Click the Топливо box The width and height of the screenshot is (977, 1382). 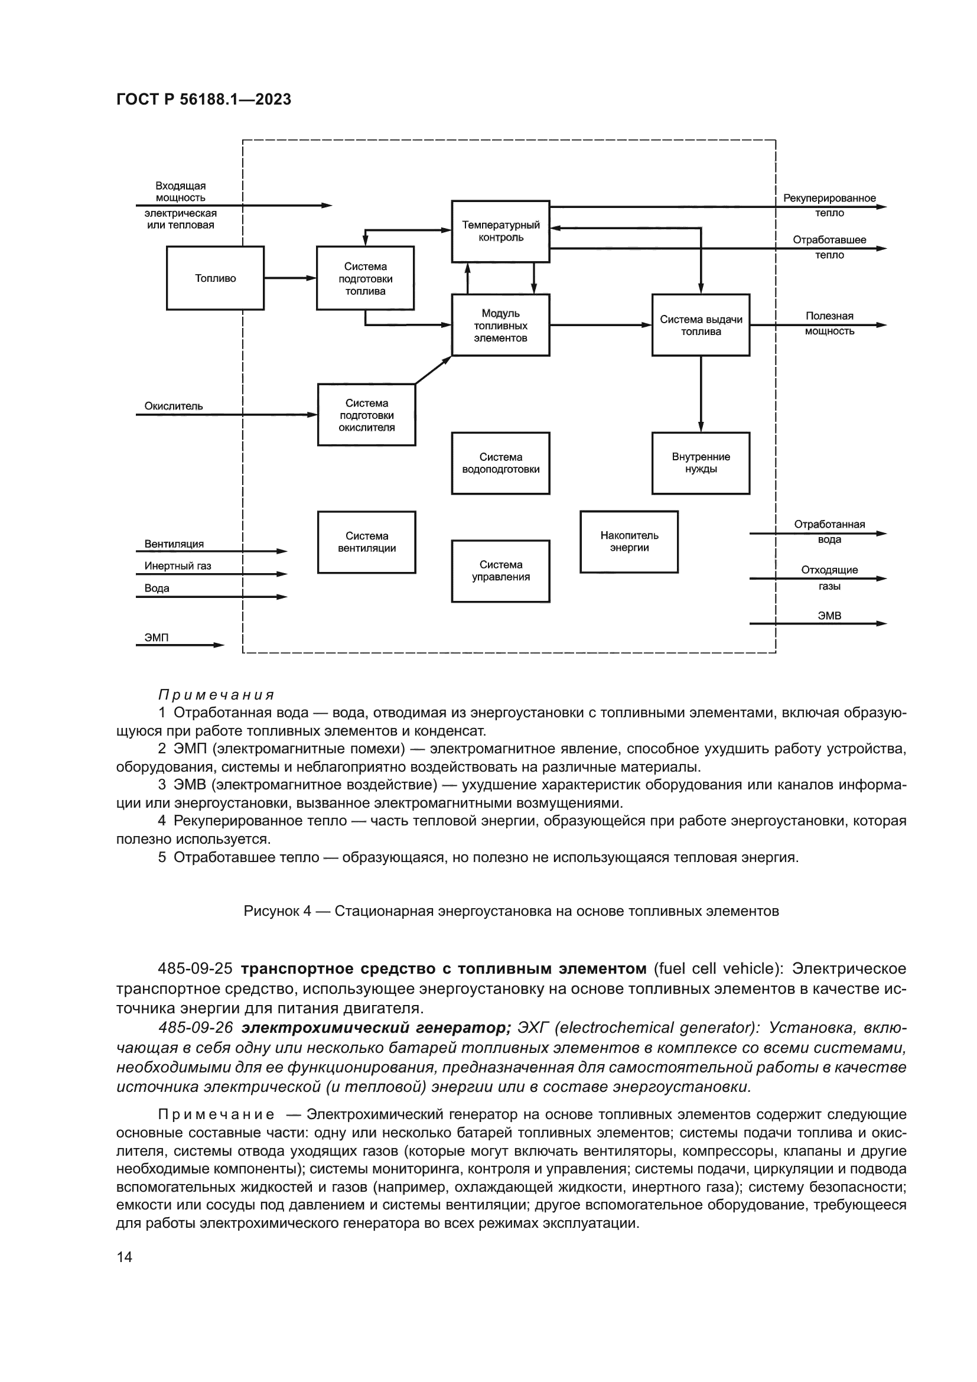[x=215, y=278]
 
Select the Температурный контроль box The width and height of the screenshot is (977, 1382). [x=500, y=231]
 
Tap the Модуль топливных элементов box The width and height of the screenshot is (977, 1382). [x=500, y=325]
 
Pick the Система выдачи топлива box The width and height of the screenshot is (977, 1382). [x=701, y=325]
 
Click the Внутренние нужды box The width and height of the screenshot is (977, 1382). [x=701, y=463]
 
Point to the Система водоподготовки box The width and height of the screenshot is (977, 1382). [x=500, y=463]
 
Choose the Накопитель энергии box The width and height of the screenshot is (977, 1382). [x=628, y=542]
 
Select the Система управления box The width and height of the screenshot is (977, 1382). [x=500, y=571]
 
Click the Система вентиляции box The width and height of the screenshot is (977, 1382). [x=366, y=542]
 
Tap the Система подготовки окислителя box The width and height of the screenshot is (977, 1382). [x=366, y=415]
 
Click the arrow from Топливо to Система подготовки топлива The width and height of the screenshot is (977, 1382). [x=290, y=278]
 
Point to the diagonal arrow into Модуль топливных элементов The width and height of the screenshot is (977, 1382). [x=433, y=369]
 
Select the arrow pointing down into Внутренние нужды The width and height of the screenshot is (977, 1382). [x=701, y=394]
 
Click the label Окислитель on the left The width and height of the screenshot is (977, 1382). [x=173, y=407]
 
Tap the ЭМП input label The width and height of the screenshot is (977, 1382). [x=157, y=637]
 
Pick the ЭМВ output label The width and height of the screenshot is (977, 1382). [x=829, y=616]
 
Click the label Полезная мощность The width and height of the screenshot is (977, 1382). [x=829, y=323]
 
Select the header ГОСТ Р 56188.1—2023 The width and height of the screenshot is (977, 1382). [x=203, y=99]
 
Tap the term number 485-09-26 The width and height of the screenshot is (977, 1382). [x=195, y=1027]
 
